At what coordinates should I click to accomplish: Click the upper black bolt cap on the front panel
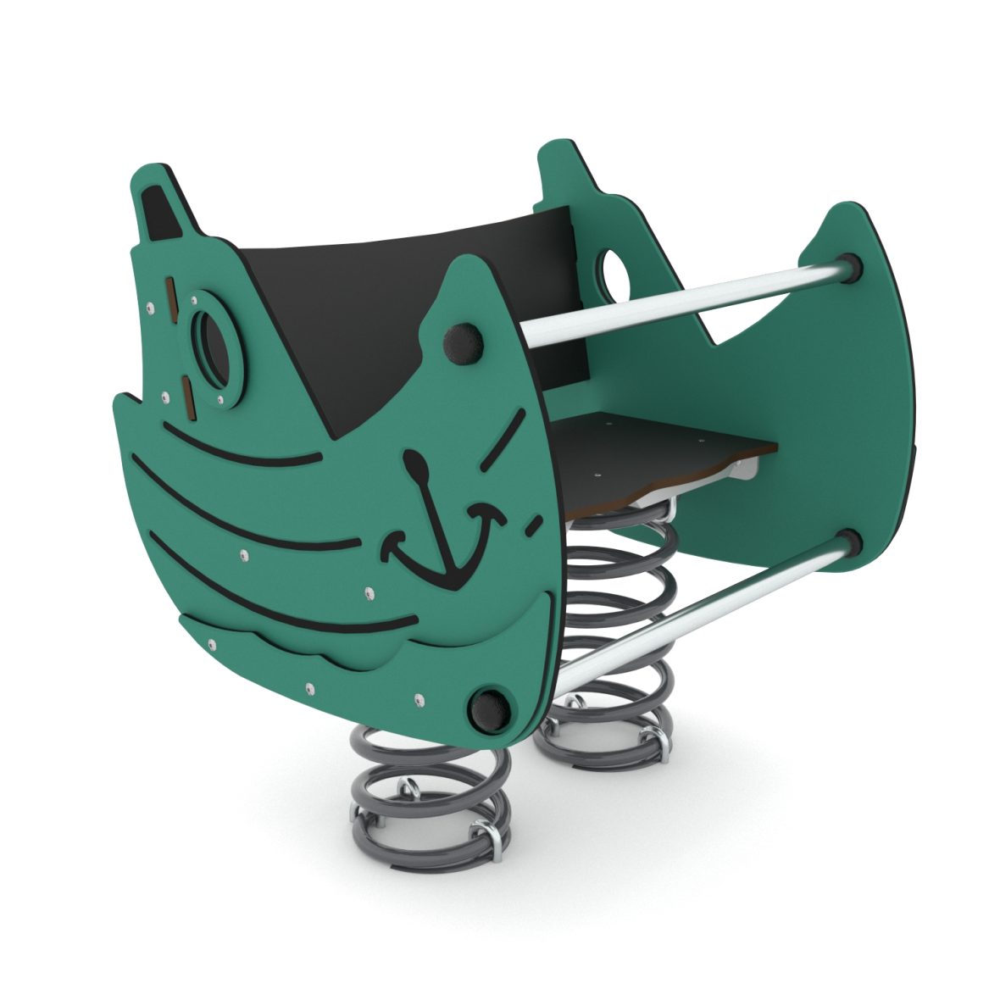[x=463, y=343]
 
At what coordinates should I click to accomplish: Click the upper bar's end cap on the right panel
[x=849, y=266]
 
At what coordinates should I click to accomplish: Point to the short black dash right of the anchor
[x=534, y=525]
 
